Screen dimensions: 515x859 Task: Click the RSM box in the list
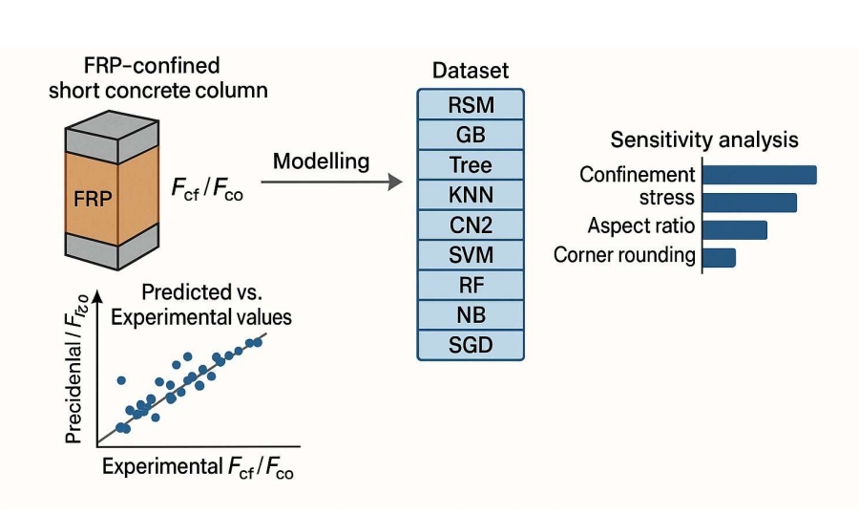(471, 104)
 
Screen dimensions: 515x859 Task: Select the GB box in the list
(471, 134)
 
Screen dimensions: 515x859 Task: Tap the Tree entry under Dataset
(471, 164)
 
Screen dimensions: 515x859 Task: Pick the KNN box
(471, 194)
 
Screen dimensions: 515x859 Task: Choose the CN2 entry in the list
(471, 225)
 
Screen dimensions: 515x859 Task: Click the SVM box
(471, 254)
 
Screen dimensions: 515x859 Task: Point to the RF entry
(471, 285)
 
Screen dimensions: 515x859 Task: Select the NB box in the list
(471, 314)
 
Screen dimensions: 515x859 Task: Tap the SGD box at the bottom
(471, 344)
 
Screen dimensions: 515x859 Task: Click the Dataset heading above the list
(471, 71)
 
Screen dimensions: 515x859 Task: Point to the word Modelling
(321, 161)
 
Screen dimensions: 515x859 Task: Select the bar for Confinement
(760, 175)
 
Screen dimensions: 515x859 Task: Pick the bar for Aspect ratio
(735, 229)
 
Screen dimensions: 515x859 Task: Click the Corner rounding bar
(719, 257)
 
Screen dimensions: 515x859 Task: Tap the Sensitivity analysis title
(704, 139)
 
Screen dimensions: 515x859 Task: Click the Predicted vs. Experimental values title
(200, 305)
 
